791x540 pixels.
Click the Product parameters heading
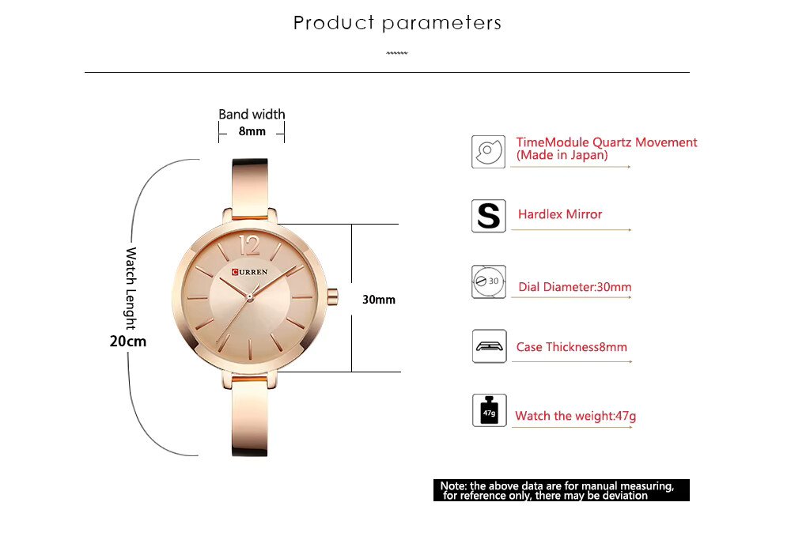pyautogui.click(x=397, y=23)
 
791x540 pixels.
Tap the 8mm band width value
pyautogui.click(x=252, y=131)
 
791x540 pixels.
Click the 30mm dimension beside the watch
pyautogui.click(x=378, y=300)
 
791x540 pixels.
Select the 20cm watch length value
pyautogui.click(x=128, y=342)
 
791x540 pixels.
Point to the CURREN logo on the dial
pyautogui.click(x=250, y=272)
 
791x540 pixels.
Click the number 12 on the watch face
pyautogui.click(x=250, y=245)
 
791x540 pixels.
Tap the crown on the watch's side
pyautogui.click(x=332, y=296)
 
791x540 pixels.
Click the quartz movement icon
pyautogui.click(x=488, y=151)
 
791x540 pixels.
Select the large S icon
pyautogui.click(x=488, y=216)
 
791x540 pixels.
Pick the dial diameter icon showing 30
pyautogui.click(x=488, y=281)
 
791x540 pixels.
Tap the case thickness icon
pyautogui.click(x=490, y=346)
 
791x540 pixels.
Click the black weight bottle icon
pyautogui.click(x=490, y=410)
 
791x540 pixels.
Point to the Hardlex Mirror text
pyautogui.click(x=560, y=214)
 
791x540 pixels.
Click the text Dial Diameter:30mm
pyautogui.click(x=575, y=287)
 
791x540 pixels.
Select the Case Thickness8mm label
pyautogui.click(x=572, y=347)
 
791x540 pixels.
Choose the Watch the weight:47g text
pyautogui.click(x=576, y=416)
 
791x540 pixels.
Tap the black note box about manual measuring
pyautogui.click(x=562, y=490)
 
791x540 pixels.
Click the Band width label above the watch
pyautogui.click(x=252, y=115)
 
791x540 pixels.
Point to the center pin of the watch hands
pyautogui.click(x=249, y=297)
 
